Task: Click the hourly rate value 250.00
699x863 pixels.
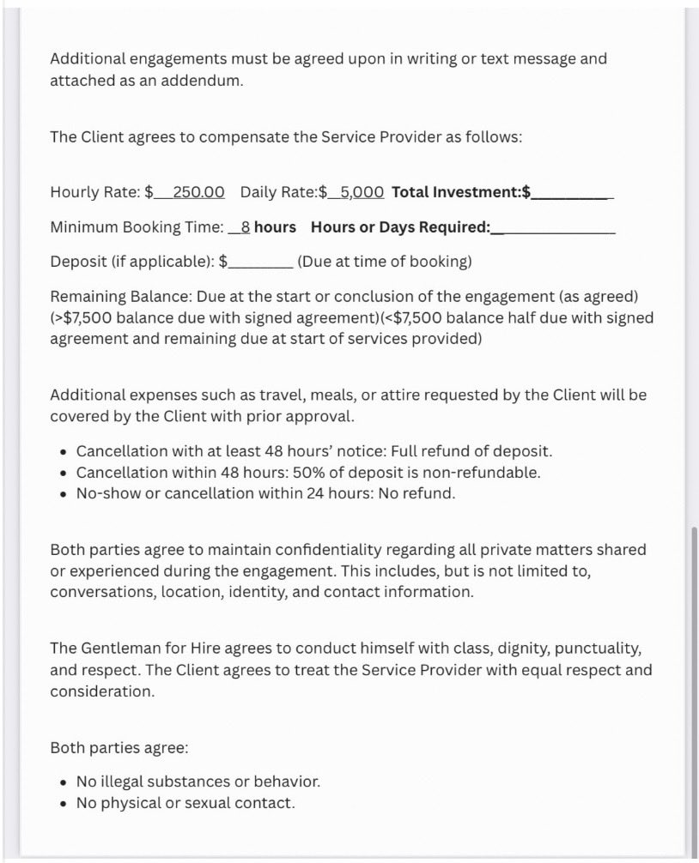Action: (198, 192)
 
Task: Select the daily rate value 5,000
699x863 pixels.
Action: (362, 192)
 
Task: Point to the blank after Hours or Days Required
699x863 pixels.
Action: (557, 229)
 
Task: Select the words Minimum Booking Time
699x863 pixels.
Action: (137, 227)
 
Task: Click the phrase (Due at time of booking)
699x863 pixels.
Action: (384, 262)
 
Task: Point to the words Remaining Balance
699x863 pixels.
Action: (119, 297)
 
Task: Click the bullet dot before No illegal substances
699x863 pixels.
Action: (64, 782)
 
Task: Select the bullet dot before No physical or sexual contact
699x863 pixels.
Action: (64, 804)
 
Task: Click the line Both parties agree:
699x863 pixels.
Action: (119, 747)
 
